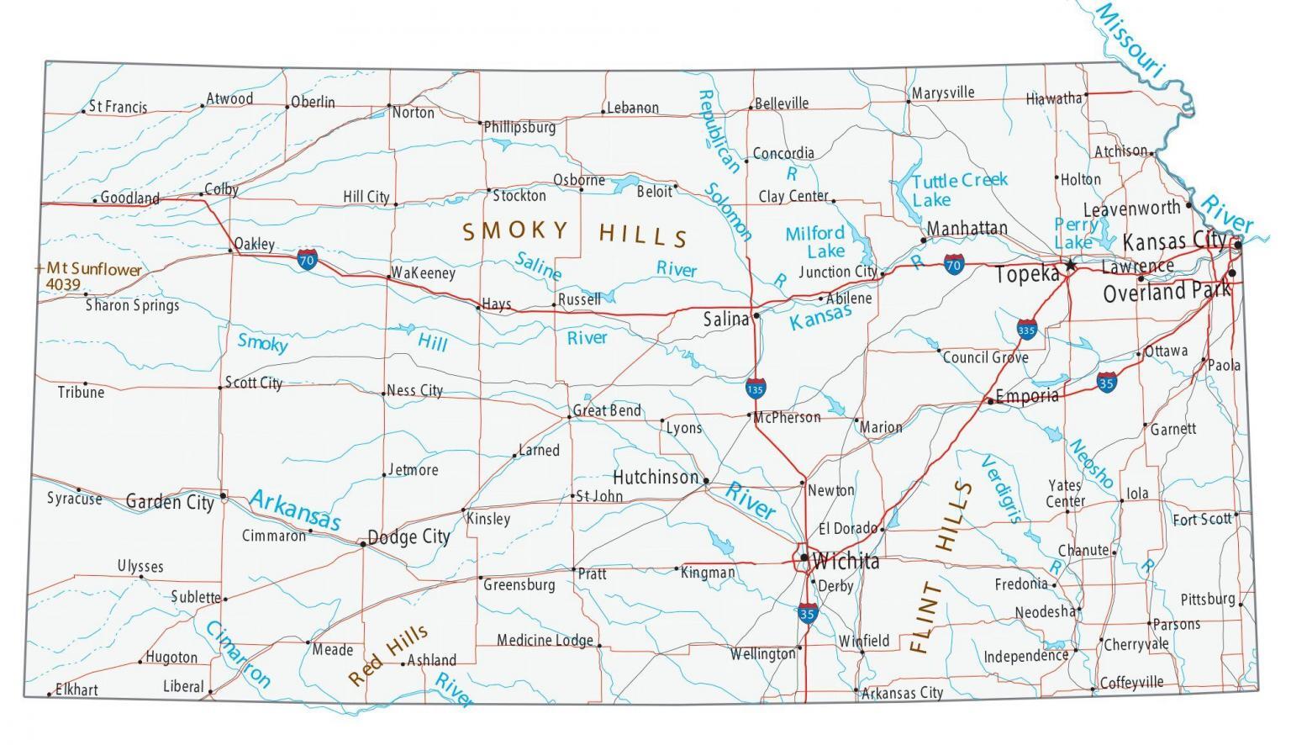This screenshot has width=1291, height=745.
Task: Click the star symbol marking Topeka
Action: click(x=1070, y=265)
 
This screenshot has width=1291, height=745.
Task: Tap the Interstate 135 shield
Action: click(x=755, y=388)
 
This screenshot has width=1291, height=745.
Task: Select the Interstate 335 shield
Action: click(x=1026, y=328)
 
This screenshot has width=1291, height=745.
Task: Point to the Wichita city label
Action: click(x=846, y=561)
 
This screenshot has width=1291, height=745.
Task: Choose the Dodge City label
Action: click(x=409, y=537)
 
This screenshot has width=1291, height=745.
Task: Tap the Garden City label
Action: click(x=170, y=502)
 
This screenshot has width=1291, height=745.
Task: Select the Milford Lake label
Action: click(x=815, y=242)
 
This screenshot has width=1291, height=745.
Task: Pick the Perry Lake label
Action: click(x=1075, y=234)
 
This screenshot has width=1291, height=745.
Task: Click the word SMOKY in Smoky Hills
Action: click(x=515, y=230)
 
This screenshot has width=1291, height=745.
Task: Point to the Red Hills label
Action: click(x=388, y=656)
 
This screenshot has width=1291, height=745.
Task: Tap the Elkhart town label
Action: click(x=76, y=690)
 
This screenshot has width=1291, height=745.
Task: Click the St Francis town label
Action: click(x=118, y=107)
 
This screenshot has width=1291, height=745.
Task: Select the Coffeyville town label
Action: click(x=1131, y=683)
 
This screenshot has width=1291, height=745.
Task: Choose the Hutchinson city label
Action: click(x=656, y=478)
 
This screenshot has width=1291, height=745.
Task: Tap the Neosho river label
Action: click(x=1090, y=463)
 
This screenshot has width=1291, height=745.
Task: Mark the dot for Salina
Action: click(x=756, y=315)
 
